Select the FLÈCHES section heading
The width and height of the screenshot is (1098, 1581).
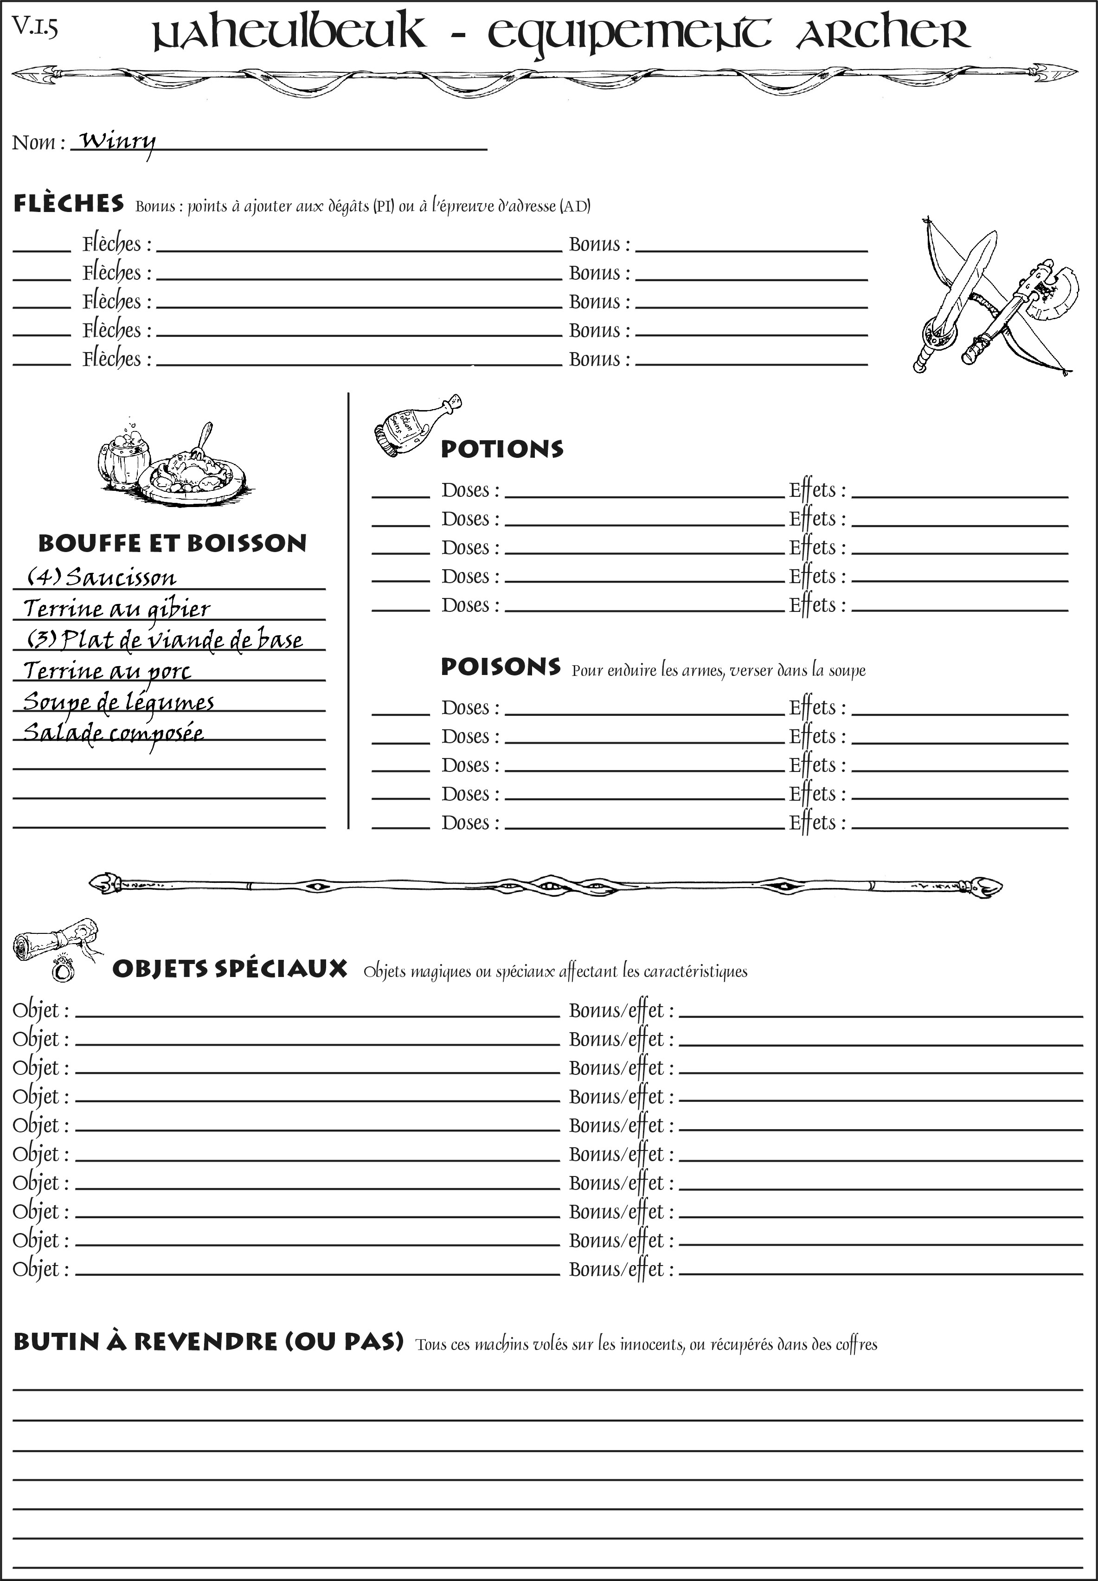(69, 204)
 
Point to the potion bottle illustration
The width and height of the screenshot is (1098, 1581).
(416, 426)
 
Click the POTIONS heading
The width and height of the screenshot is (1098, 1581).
(501, 449)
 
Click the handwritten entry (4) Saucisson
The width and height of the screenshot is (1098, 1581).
(102, 577)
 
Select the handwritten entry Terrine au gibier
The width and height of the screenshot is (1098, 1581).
(117, 608)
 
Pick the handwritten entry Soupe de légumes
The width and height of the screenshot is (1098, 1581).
(118, 702)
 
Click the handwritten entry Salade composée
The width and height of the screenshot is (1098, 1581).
(114, 733)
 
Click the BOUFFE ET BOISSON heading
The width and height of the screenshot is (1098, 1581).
(172, 543)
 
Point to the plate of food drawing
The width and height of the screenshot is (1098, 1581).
(193, 473)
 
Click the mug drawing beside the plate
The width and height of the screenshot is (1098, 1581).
(122, 457)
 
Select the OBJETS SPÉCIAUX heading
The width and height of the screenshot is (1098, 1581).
(229, 969)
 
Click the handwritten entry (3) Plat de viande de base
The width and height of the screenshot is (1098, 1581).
(165, 640)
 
